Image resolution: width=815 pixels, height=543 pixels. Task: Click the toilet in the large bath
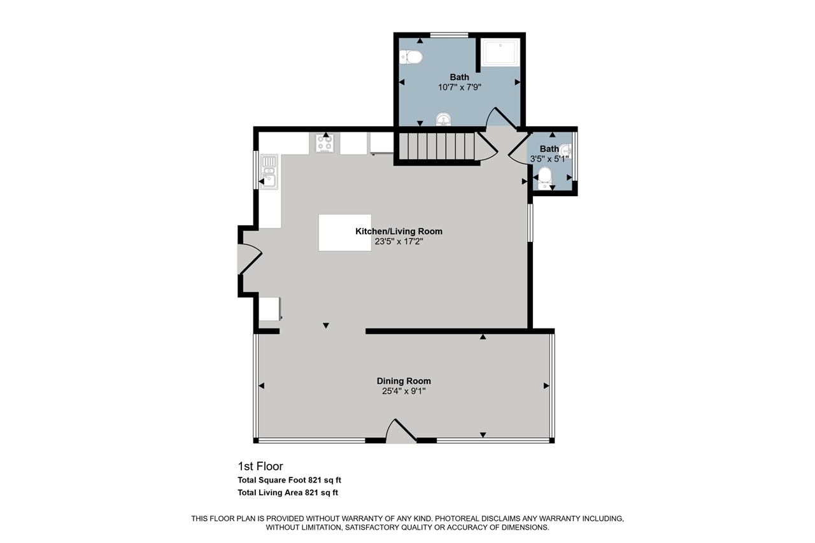[411, 57]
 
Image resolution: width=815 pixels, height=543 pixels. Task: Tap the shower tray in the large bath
[500, 53]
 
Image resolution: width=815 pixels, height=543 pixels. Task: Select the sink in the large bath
[443, 119]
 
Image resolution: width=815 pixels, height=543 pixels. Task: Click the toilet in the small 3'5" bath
[544, 178]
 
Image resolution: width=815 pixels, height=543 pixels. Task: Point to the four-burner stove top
[325, 143]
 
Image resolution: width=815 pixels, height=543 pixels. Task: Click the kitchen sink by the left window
[269, 172]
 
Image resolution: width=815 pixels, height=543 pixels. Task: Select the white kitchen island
[345, 232]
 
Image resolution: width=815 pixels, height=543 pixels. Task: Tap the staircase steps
[437, 146]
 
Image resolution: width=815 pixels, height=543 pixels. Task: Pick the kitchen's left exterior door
[250, 259]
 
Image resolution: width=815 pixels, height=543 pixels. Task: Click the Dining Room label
[404, 381]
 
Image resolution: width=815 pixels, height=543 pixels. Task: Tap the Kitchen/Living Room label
[399, 231]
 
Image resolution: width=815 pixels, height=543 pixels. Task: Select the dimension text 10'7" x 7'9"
[460, 87]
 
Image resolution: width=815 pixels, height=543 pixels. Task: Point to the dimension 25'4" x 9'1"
[404, 391]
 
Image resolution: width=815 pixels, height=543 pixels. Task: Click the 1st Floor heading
[260, 466]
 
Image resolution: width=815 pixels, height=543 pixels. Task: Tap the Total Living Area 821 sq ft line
[288, 493]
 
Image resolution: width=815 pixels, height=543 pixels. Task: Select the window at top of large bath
[450, 35]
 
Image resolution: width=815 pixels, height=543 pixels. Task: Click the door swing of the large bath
[501, 117]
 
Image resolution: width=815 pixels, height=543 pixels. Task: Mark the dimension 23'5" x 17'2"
[399, 241]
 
